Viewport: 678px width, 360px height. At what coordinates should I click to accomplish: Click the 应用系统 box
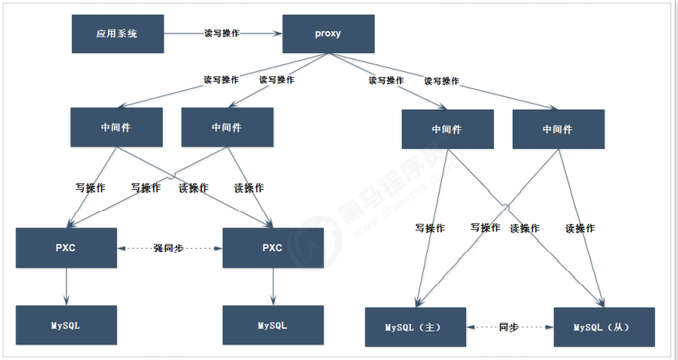click(x=117, y=34)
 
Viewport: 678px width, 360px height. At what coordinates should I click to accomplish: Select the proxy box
click(x=328, y=34)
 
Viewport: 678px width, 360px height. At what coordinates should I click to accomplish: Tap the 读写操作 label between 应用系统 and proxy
click(x=222, y=34)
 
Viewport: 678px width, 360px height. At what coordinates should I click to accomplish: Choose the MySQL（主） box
click(x=415, y=326)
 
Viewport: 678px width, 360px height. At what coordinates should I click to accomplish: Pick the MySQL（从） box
click(x=604, y=326)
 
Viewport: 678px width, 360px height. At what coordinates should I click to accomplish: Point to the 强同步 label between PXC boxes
click(x=170, y=247)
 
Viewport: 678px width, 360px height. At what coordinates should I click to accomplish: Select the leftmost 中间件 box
click(x=116, y=127)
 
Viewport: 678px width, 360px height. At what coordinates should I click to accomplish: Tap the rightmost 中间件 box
click(x=558, y=129)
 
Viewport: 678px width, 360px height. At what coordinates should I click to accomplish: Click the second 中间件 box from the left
click(x=227, y=127)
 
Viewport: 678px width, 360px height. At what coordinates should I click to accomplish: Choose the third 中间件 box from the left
click(x=447, y=129)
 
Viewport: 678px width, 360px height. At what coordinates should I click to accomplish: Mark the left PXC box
click(x=66, y=247)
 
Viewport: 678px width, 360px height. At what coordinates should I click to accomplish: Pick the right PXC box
click(x=272, y=247)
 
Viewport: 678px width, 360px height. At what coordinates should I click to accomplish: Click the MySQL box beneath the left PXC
click(x=66, y=325)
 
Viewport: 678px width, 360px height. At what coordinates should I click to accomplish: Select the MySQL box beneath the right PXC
click(x=273, y=325)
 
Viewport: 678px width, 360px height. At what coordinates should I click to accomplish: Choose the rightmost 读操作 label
click(x=580, y=228)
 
